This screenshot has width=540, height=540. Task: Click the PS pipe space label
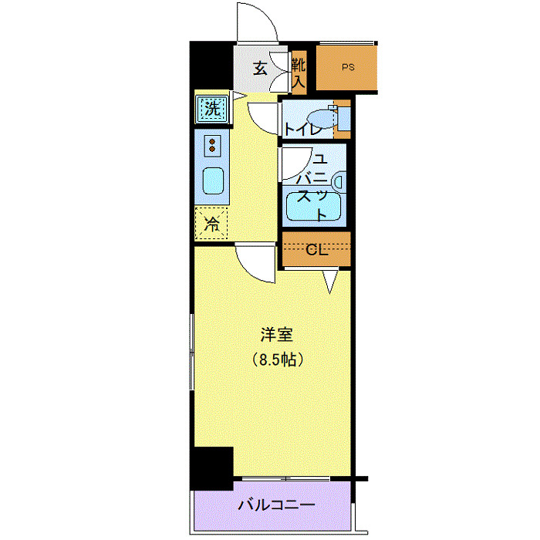[349, 67]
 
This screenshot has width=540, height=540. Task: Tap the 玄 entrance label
[260, 68]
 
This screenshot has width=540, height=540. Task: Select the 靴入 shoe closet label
[299, 69]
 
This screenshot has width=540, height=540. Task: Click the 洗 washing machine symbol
[211, 109]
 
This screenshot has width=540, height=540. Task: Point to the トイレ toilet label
[302, 129]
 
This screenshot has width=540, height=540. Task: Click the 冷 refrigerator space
[211, 224]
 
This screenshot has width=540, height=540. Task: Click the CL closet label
[317, 250]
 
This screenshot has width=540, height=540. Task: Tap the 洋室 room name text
[275, 335]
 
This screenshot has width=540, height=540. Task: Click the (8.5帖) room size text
[275, 359]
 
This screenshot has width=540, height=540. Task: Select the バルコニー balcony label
[275, 506]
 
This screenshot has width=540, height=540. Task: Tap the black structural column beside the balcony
[211, 467]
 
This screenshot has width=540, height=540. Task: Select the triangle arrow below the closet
[330, 282]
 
